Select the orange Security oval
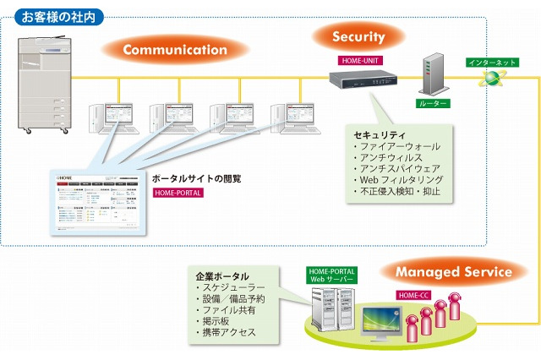tap(358, 37)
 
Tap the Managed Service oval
tap(454, 272)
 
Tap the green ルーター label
tap(433, 104)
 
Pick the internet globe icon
tap(491, 79)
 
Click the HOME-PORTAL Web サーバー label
tap(331, 275)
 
